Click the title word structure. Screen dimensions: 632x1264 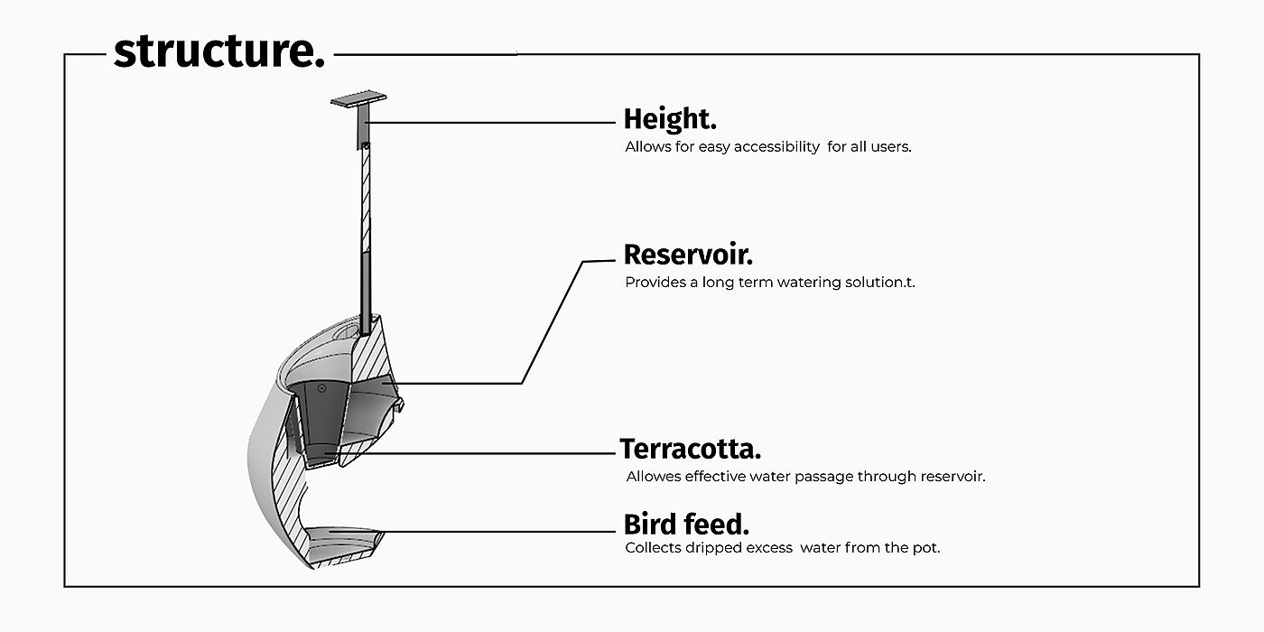(218, 51)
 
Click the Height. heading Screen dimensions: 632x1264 (669, 119)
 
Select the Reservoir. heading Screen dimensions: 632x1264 (688, 256)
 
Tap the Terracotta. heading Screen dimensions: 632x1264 (691, 449)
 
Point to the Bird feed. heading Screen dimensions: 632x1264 (686, 525)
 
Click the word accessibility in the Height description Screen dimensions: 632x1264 (776, 146)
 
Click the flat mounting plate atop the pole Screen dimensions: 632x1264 (358, 103)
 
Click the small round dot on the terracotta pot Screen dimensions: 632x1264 (321, 388)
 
